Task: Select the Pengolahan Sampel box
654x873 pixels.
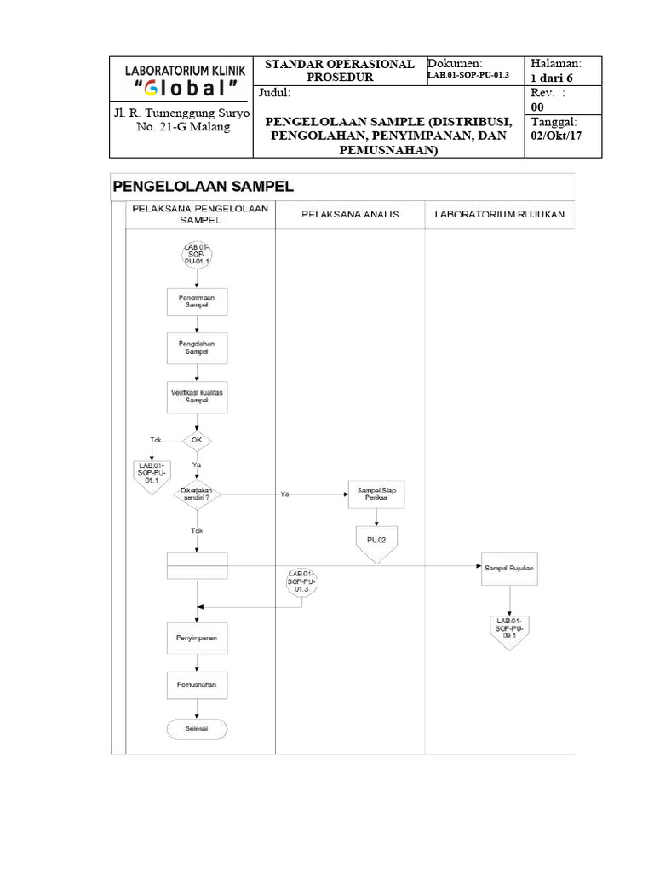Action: click(197, 347)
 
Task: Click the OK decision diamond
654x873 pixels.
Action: click(197, 441)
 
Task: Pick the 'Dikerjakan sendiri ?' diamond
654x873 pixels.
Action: click(197, 494)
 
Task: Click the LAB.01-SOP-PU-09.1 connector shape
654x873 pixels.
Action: click(509, 630)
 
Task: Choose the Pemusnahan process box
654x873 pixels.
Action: click(197, 684)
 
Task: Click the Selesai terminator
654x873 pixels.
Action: click(197, 730)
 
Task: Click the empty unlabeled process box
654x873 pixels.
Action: click(197, 566)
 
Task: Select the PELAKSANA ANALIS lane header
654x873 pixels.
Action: click(350, 213)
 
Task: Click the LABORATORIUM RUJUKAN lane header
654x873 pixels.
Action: click(499, 213)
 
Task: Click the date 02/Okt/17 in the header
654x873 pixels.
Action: click(555, 137)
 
